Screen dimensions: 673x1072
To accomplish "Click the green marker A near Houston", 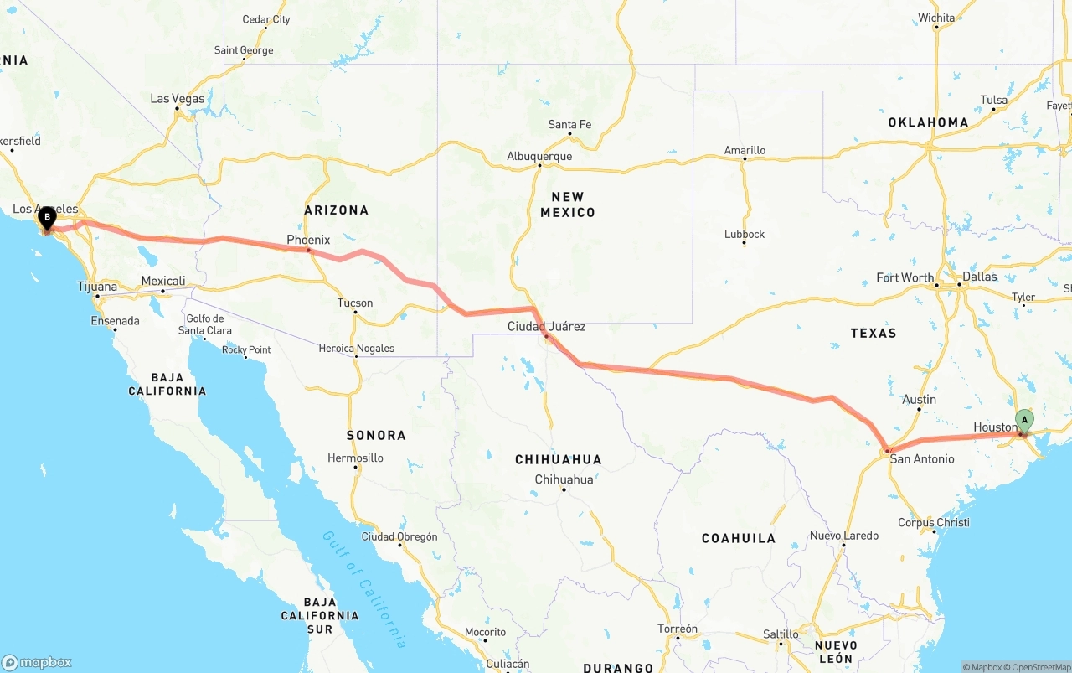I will (1024, 420).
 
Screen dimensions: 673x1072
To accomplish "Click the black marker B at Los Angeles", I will (48, 217).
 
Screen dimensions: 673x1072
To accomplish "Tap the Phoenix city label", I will (308, 240).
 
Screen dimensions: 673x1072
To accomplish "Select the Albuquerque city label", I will (539, 157).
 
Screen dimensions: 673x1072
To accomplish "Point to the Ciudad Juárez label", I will (546, 326).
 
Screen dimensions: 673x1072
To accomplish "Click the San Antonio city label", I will (921, 458).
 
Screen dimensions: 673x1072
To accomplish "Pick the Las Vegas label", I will (178, 99).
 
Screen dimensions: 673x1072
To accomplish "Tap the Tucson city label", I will (355, 303).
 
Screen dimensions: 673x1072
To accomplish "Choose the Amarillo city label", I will (745, 151).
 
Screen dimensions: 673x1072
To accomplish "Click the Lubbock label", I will (745, 234).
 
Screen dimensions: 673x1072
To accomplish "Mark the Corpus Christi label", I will (933, 522).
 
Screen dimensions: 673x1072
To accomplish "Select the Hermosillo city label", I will (355, 458).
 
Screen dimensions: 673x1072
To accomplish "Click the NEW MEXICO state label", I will (567, 204).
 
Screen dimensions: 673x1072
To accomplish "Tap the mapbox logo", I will (37, 662).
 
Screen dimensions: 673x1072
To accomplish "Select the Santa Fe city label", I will (569, 125).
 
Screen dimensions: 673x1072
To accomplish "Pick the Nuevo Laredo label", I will (844, 536).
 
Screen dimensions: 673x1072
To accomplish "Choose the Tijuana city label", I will (97, 287).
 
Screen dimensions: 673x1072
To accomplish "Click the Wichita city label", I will (935, 18).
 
